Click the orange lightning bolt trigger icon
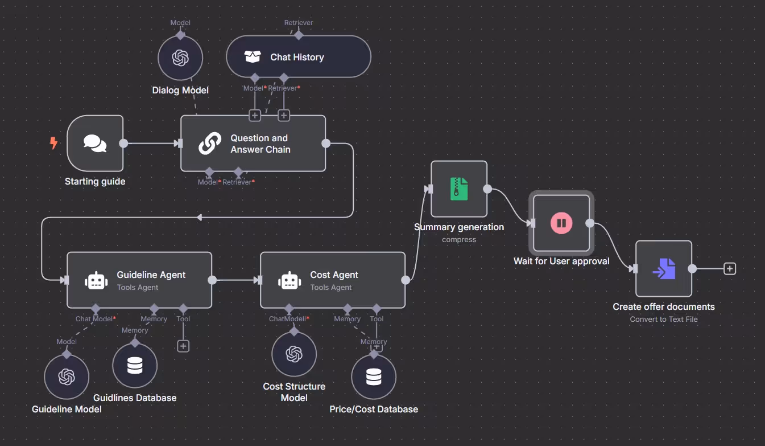coord(53,143)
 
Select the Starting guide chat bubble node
coord(95,144)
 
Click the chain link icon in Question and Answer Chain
coord(210,144)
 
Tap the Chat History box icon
coord(253,57)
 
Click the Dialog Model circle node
coord(180,58)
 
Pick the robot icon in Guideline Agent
coord(96,281)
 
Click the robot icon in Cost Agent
coord(290,281)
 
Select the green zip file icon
coord(459,189)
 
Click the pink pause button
coord(561,223)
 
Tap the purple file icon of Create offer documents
coord(664,269)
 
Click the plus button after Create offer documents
coord(730,268)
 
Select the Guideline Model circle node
coord(67,377)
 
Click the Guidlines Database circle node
coord(135,365)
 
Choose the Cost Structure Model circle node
coord(294,354)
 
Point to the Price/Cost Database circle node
coord(374,377)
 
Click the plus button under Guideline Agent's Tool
coord(183,346)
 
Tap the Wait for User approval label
coord(561,261)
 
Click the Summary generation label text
coord(459,227)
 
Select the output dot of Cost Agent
coord(406,280)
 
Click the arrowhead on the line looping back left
coord(200,218)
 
